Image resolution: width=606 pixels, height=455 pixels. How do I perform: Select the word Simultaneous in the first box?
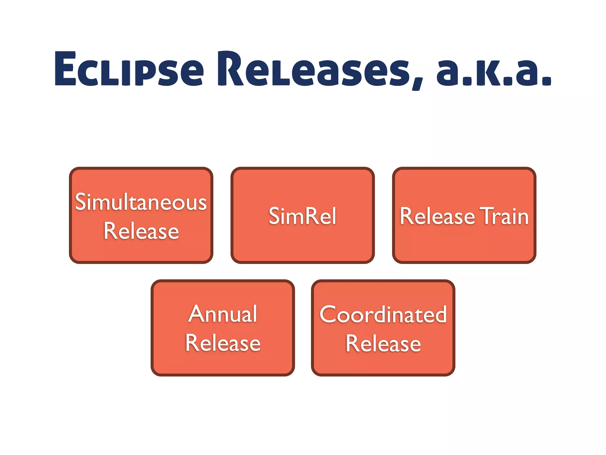141,202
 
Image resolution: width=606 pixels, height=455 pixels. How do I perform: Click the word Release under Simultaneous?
141,231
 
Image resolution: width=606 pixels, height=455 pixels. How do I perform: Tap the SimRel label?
302,216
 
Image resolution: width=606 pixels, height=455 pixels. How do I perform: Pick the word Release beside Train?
437,216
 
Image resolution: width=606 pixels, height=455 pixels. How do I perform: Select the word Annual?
223,314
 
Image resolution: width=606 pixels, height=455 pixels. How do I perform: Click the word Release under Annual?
223,343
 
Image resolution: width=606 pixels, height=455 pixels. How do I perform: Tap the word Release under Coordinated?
383,344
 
